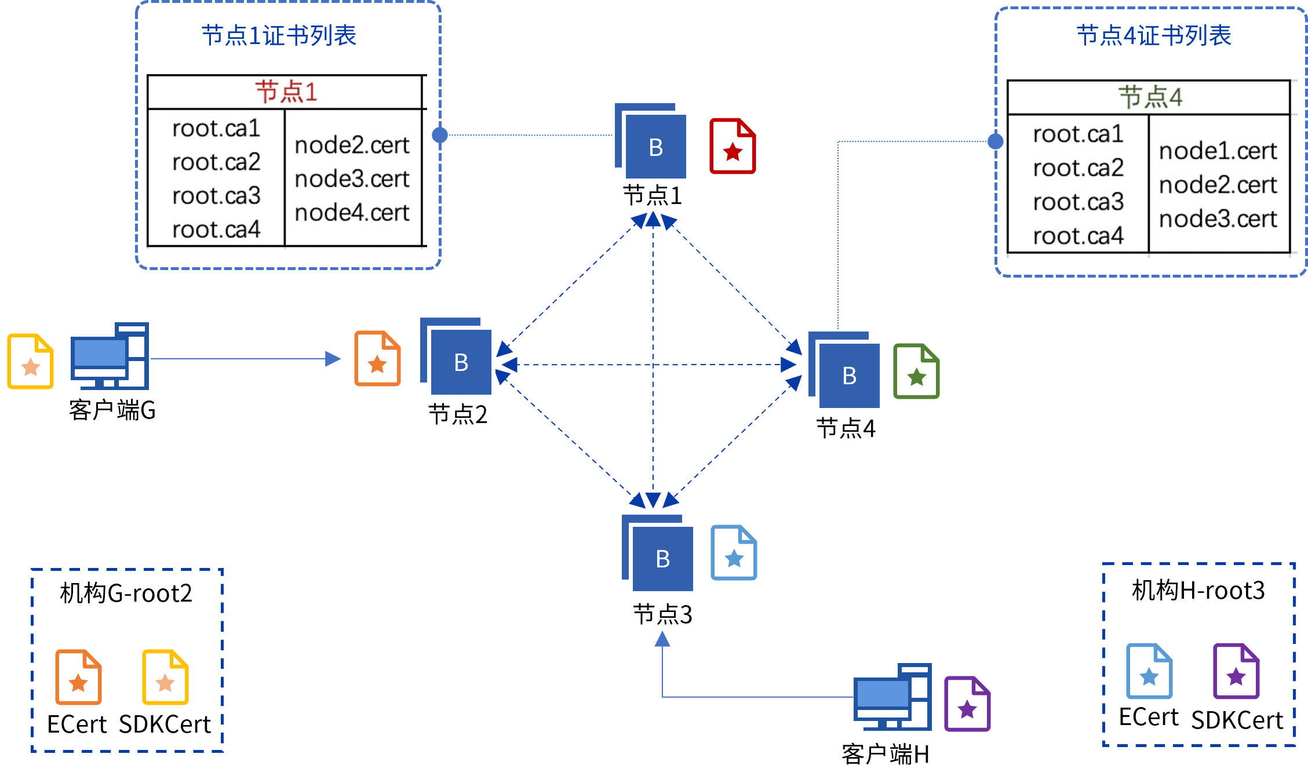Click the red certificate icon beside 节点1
click(x=733, y=146)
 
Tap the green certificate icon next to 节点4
click(x=916, y=371)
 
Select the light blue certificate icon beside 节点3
click(x=734, y=552)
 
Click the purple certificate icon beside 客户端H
click(x=967, y=704)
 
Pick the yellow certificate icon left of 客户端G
click(x=31, y=361)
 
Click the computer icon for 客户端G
click(x=110, y=356)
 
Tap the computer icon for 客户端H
click(x=892, y=697)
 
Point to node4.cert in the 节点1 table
click(x=352, y=213)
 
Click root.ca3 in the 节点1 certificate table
click(x=216, y=196)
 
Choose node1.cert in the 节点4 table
click(x=1218, y=151)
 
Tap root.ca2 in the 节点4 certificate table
click(x=1078, y=168)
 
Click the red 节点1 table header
click(x=286, y=92)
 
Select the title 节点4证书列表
click(x=1154, y=35)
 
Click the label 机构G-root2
click(x=126, y=593)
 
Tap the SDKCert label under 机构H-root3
click(x=1237, y=720)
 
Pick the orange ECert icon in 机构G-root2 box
click(x=78, y=677)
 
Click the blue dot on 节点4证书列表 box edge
click(x=996, y=141)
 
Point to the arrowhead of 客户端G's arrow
click(x=333, y=359)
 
